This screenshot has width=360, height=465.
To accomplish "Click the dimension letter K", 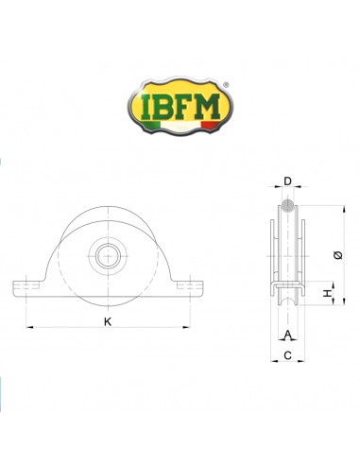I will point(108,322).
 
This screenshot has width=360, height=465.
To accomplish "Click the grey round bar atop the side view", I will point(287,207).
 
